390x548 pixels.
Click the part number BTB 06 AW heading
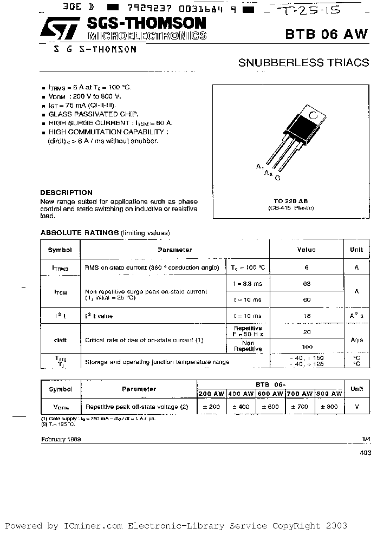tap(326, 34)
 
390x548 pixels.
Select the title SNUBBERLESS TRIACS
tap(303, 63)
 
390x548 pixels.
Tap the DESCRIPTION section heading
tap(66, 192)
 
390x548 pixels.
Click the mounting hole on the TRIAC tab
tap(312, 114)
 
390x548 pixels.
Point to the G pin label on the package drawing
tap(277, 177)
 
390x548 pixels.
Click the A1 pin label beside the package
tap(260, 167)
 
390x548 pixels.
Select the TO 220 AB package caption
tap(291, 200)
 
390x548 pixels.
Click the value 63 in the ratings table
tap(307, 283)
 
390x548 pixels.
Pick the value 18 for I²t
tap(307, 316)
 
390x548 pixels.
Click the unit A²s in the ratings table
tap(356, 316)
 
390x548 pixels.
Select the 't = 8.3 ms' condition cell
tap(247, 283)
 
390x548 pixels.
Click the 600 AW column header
tap(270, 394)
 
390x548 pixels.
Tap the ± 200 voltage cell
tap(211, 407)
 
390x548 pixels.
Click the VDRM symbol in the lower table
tap(60, 407)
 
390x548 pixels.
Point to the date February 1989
tap(61, 439)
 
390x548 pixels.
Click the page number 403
tap(365, 454)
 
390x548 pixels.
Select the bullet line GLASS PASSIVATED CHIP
tap(93, 114)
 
